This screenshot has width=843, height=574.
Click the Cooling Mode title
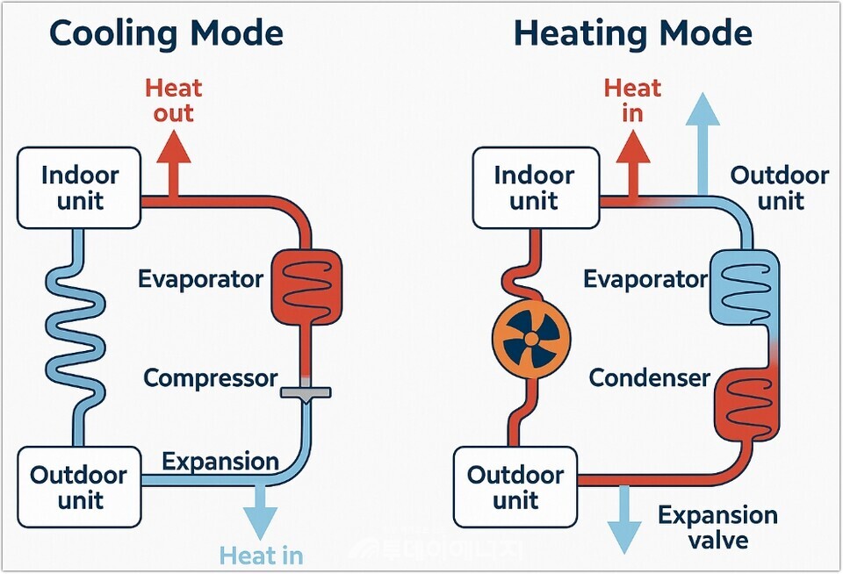(x=166, y=33)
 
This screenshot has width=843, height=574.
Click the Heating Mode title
(x=632, y=33)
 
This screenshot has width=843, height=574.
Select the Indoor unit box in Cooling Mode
(x=80, y=188)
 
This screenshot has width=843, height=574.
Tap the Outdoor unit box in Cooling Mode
(x=80, y=487)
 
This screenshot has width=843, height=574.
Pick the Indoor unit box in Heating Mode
(x=535, y=188)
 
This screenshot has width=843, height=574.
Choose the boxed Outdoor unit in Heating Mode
(x=515, y=487)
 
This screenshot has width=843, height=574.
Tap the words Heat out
(x=173, y=100)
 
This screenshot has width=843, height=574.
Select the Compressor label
(x=210, y=378)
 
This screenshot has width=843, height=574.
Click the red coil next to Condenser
(x=746, y=404)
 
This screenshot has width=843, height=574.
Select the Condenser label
(x=649, y=378)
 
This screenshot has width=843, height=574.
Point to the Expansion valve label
(x=717, y=527)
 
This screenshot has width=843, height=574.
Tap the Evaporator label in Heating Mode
(x=645, y=279)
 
